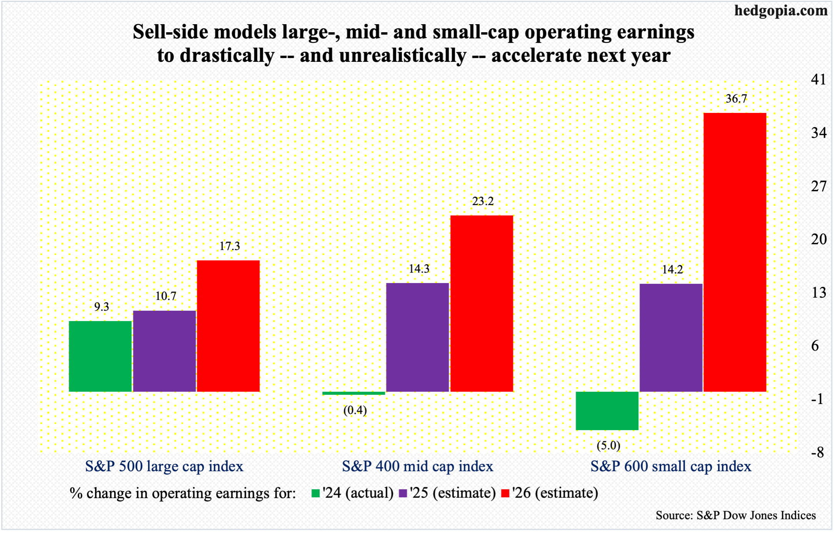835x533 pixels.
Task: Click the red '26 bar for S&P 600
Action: tap(735, 252)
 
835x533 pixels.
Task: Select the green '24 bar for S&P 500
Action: tap(100, 356)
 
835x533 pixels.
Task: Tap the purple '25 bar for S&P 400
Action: tap(417, 337)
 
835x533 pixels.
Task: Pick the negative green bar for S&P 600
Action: tap(607, 411)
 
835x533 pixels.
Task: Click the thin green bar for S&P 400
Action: tap(354, 393)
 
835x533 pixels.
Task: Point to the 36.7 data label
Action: tap(736, 99)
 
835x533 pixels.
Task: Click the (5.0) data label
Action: tap(609, 445)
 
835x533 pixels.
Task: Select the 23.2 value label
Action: tap(483, 201)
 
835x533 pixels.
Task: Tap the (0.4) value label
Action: tap(355, 411)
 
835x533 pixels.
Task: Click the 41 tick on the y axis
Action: tap(818, 79)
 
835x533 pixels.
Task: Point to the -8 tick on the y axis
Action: tap(818, 452)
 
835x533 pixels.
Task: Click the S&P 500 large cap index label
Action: tap(164, 467)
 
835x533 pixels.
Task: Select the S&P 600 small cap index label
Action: tap(671, 467)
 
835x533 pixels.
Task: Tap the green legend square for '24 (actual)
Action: tap(316, 493)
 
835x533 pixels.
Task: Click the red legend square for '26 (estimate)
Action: tap(506, 493)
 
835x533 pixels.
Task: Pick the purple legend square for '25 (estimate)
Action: tap(403, 493)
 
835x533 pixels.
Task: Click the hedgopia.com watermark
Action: tap(781, 10)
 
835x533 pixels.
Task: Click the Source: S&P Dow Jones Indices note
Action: tap(735, 515)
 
